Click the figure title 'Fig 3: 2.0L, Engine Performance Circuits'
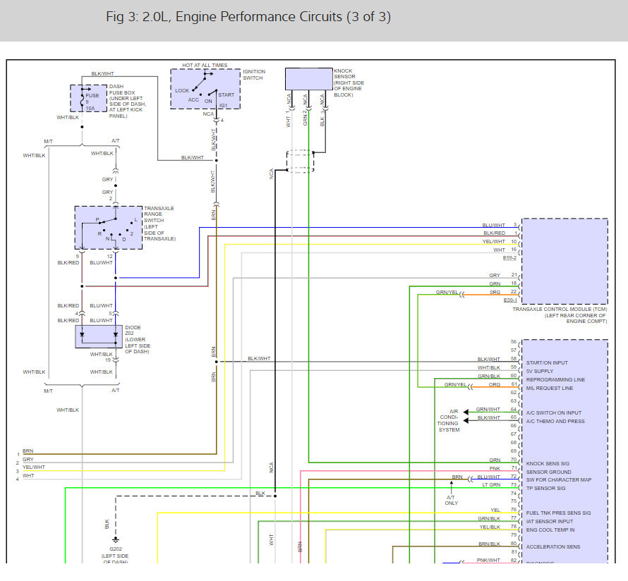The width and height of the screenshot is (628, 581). coord(248,17)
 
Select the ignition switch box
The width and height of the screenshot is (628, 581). coord(205,89)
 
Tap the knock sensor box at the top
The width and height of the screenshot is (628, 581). coord(308,79)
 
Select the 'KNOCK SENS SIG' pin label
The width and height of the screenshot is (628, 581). coord(548,463)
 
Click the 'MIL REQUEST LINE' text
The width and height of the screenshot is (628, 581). coord(549,388)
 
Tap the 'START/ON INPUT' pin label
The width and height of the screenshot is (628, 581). coord(547,362)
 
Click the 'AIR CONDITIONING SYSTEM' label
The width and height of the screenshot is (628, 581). coord(449,420)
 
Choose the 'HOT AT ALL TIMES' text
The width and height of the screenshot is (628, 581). coord(205,65)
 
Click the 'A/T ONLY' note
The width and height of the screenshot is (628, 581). coord(452,499)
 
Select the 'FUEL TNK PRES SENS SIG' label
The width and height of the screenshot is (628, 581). coord(558,513)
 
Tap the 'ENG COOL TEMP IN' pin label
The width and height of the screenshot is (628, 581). coord(550,530)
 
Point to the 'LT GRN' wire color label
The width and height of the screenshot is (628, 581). coord(492,486)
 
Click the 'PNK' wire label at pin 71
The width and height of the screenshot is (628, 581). coord(495,469)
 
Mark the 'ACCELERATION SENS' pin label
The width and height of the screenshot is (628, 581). coord(553,546)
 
